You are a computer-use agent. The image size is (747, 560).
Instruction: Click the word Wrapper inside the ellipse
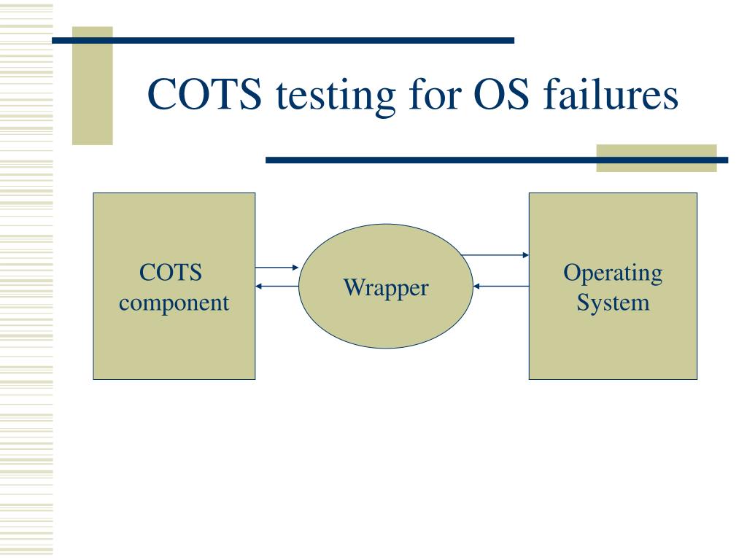click(386, 287)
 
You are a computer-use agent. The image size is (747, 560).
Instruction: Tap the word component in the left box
click(174, 302)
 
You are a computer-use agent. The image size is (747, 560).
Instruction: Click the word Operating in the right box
click(613, 273)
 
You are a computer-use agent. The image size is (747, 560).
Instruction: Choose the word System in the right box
click(613, 301)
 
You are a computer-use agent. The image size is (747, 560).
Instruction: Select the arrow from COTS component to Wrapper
click(276, 268)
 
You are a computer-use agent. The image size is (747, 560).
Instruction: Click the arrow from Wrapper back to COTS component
click(277, 286)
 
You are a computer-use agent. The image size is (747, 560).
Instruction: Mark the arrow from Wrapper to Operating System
click(495, 255)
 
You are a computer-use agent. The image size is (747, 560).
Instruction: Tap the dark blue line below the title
click(438, 160)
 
